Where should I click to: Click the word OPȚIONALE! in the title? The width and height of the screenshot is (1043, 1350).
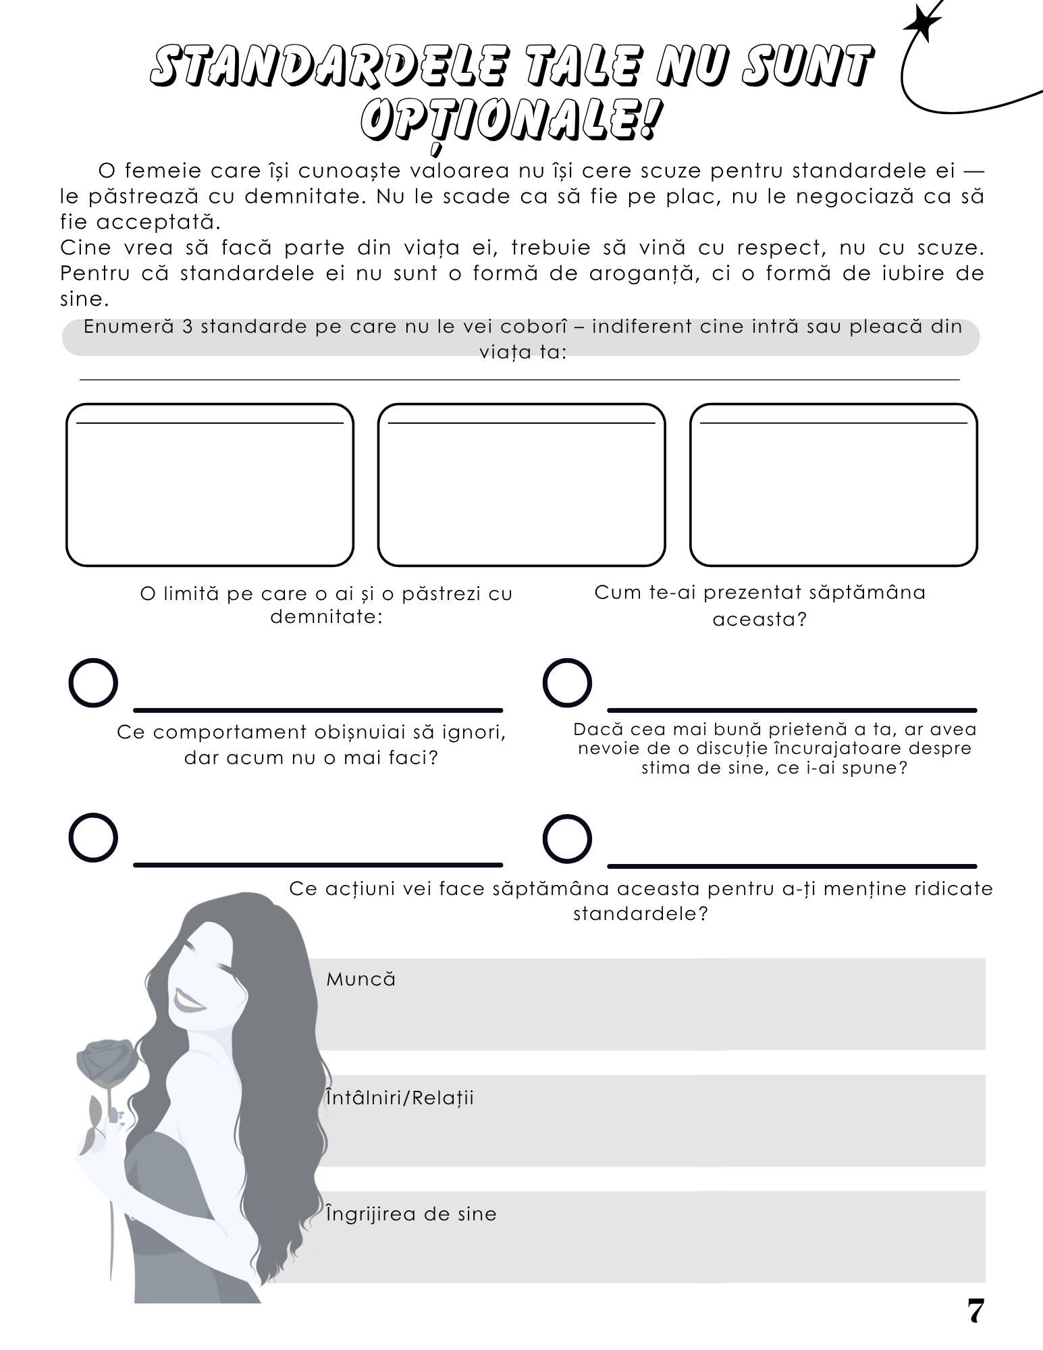click(x=508, y=121)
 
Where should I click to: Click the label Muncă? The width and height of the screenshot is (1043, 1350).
click(x=360, y=979)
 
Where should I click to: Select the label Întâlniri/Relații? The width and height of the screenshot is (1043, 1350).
click(x=400, y=1098)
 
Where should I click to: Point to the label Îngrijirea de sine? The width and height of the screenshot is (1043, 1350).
click(x=410, y=1214)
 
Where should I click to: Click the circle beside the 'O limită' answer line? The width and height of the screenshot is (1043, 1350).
click(x=93, y=683)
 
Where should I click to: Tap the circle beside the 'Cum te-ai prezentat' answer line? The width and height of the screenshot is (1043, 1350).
click(x=567, y=683)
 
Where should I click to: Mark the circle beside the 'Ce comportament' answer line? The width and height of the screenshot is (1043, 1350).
click(x=93, y=838)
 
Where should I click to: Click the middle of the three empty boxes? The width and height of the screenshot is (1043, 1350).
click(x=521, y=485)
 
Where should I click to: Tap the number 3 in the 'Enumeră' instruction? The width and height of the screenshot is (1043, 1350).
click(x=187, y=327)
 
